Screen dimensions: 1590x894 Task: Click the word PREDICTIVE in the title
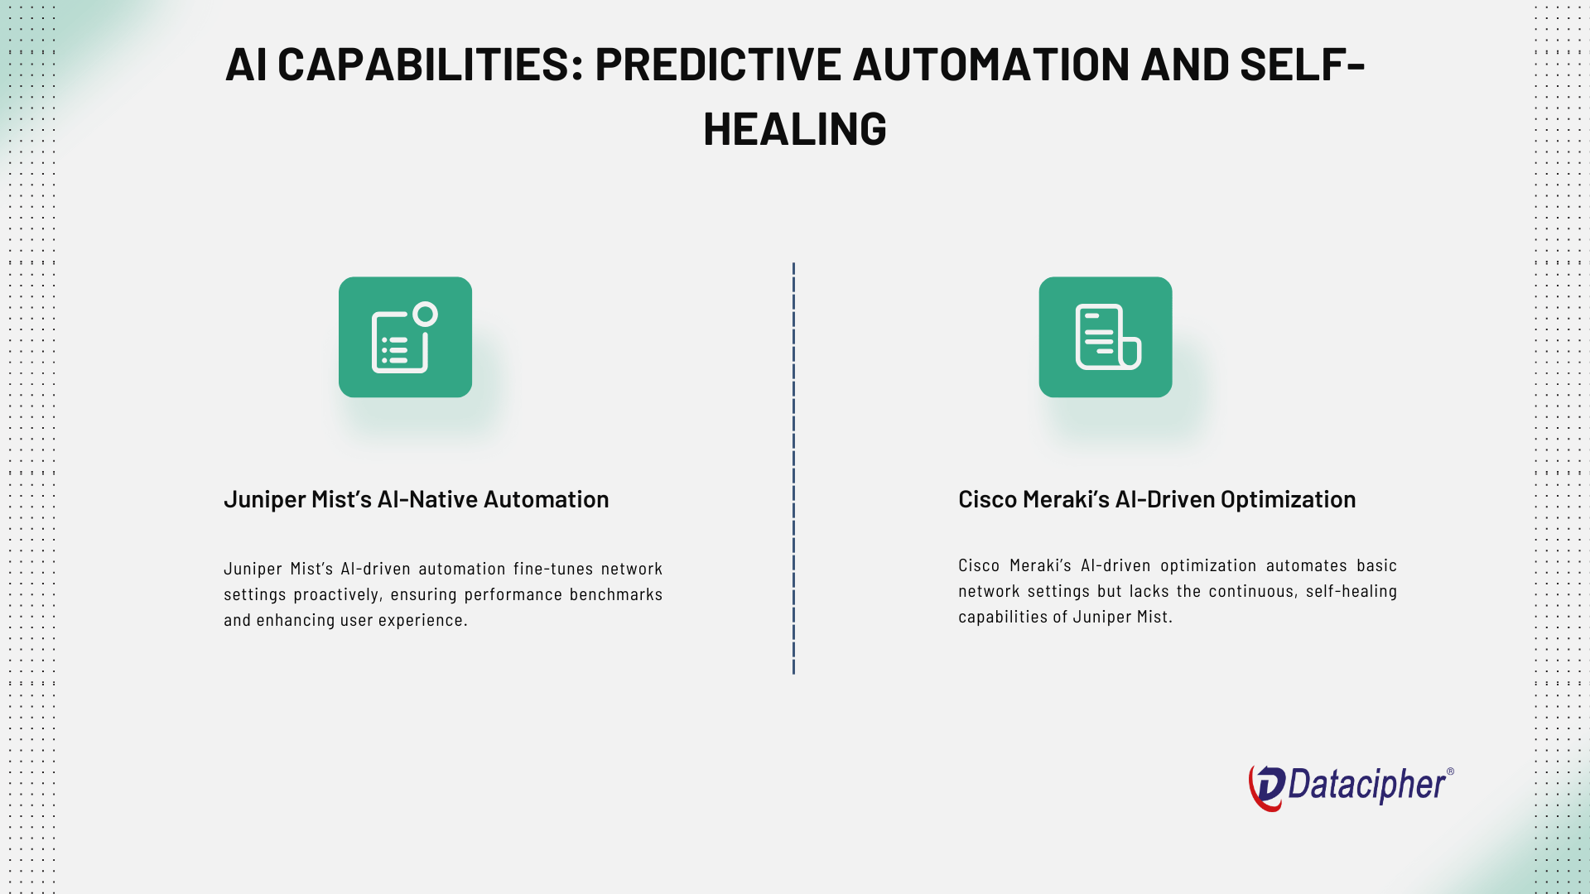point(718,65)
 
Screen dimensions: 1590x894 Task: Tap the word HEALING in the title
point(795,129)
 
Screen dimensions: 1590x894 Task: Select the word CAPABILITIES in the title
point(424,65)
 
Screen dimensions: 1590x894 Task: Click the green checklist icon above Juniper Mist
point(405,337)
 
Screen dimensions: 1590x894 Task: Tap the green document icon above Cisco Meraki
point(1106,337)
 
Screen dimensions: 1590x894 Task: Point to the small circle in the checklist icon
point(426,314)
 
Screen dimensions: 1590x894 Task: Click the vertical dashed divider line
point(793,469)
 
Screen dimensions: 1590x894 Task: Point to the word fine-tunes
point(553,569)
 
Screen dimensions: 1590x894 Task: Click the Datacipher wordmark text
point(1367,785)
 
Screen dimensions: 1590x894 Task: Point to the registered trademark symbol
point(1450,771)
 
